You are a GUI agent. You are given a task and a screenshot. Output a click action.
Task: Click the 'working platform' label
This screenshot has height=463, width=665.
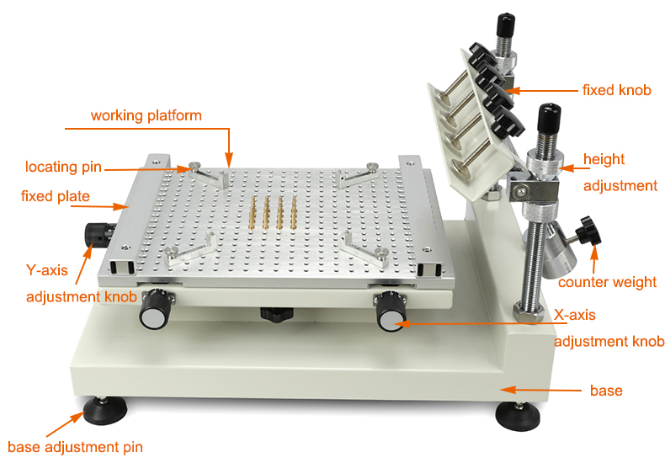(146, 116)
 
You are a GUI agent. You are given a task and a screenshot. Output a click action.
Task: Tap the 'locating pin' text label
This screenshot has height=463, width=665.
(64, 167)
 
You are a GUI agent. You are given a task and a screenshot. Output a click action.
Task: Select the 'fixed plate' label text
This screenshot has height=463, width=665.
(55, 196)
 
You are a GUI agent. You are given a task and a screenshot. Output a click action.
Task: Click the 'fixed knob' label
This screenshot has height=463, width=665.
(617, 90)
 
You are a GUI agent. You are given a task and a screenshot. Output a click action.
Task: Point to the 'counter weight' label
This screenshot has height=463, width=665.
(607, 282)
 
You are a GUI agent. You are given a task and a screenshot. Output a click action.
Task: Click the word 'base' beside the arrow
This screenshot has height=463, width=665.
(606, 391)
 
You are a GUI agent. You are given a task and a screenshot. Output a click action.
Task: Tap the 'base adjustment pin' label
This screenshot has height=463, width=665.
(76, 447)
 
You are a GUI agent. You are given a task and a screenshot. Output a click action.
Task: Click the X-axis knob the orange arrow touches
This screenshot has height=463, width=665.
(391, 311)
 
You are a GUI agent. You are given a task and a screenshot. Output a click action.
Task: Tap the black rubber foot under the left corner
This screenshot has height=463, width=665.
(104, 411)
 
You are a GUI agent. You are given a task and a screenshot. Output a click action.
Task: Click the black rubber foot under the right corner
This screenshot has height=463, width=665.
(518, 416)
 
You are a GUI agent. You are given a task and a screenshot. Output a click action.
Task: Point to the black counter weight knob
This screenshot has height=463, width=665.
(589, 231)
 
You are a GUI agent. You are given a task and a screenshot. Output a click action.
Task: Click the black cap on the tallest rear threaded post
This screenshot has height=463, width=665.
(506, 25)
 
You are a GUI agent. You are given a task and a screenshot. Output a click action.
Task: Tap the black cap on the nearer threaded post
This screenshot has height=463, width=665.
(549, 118)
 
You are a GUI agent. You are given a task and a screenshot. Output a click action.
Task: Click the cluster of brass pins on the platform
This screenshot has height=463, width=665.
(273, 212)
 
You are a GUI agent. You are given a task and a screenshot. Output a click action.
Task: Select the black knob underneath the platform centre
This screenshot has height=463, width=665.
(276, 314)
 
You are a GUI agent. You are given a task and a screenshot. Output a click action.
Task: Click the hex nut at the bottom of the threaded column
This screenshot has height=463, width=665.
(528, 311)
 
